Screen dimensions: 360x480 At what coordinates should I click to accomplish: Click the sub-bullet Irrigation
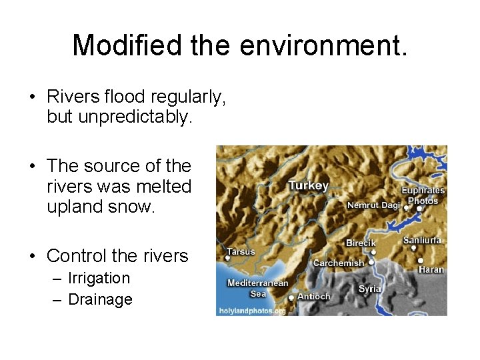pos(99,278)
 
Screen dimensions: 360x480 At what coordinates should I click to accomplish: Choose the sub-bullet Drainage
pos(100,299)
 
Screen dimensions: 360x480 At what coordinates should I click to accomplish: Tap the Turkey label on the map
pos(308,185)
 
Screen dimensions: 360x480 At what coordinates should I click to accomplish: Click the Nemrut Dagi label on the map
pos(373,205)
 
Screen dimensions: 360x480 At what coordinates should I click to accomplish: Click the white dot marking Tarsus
pos(228,258)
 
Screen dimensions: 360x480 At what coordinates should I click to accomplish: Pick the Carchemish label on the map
pos(339,263)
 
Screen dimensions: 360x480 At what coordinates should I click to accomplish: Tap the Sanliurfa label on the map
pos(422,240)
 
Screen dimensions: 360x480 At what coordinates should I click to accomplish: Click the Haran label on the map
pos(431,269)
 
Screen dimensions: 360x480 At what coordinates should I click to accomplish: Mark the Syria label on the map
pos(370,289)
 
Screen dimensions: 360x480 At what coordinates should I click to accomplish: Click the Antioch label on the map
pos(313,296)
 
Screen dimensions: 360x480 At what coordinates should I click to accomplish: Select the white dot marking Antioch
pos(291,298)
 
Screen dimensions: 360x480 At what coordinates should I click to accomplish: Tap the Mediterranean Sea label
pos(257,288)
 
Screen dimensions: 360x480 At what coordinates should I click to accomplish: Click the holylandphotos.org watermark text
pos(252,311)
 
